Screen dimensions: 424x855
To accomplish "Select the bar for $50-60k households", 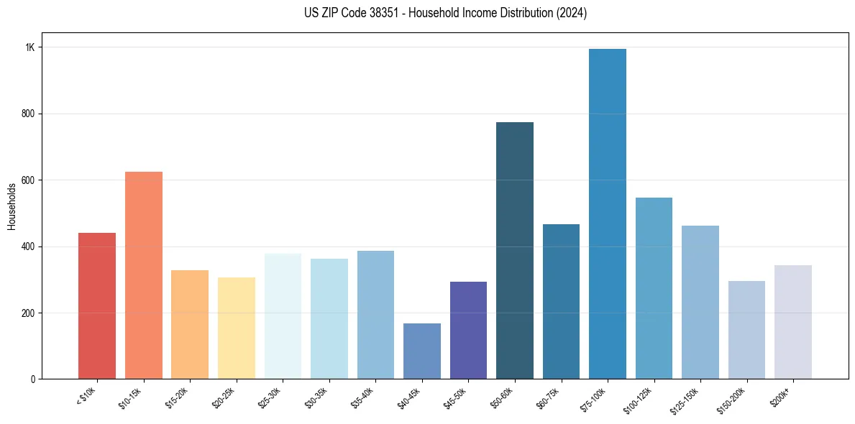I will click(515, 251).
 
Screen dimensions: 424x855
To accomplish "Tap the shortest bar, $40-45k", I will click(422, 351).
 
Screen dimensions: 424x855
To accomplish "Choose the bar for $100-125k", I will click(654, 288).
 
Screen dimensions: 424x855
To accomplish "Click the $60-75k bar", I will click(561, 302).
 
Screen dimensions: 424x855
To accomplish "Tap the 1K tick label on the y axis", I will click(29, 47).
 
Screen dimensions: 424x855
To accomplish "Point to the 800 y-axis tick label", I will click(28, 114).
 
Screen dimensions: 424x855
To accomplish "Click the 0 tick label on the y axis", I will click(32, 379).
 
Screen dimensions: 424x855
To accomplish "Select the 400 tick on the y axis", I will click(28, 246).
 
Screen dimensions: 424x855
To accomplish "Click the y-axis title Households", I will click(12, 206).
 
